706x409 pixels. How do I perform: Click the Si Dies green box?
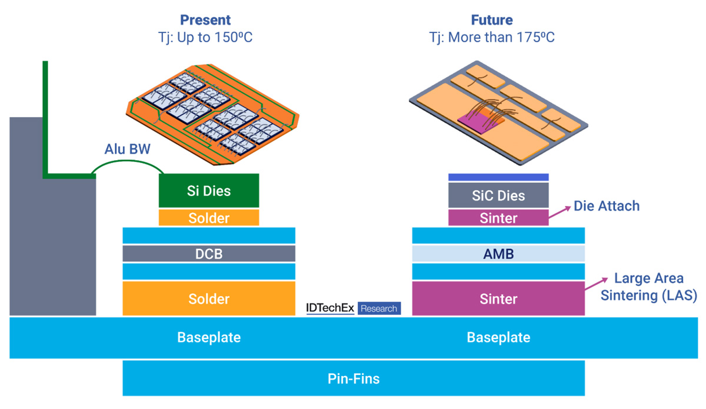coord(209,190)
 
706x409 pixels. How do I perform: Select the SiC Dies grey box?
coord(498,195)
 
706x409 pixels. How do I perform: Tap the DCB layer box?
coord(209,254)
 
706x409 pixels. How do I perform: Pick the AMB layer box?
coord(498,254)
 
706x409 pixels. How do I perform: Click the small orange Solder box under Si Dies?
coord(209,218)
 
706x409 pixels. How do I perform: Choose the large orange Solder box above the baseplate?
coord(209,298)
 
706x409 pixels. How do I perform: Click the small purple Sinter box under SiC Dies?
coord(498,218)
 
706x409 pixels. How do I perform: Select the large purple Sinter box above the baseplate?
coord(498,298)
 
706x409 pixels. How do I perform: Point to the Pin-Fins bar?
coord(353,378)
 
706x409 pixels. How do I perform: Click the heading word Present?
coord(205,19)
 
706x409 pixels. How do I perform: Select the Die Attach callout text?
coord(606,206)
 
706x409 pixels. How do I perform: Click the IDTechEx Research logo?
coord(353,308)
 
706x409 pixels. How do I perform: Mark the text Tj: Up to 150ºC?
coord(205,38)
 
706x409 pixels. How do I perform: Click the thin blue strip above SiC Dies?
coord(498,177)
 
